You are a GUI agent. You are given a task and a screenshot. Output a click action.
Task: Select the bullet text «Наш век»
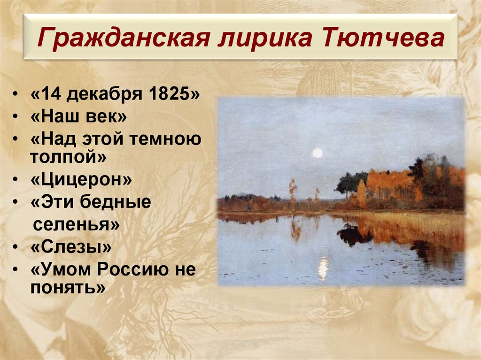[78, 116]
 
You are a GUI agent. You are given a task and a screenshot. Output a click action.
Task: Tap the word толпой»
[69, 157]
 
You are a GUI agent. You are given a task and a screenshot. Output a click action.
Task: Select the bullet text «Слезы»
[71, 246]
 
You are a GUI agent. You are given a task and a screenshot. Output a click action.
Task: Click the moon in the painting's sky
[318, 153]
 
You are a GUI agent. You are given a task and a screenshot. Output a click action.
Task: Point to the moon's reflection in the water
[323, 268]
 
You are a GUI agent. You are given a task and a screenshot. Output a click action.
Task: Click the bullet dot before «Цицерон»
[16, 180]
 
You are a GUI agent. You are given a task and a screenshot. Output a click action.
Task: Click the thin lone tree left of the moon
[293, 192]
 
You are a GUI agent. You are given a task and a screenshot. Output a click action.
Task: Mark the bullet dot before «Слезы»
[16, 247]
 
